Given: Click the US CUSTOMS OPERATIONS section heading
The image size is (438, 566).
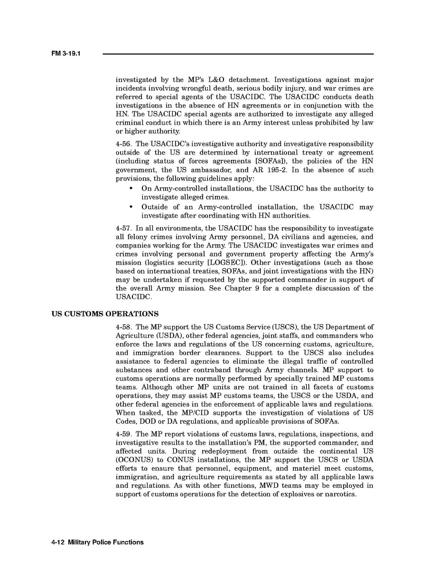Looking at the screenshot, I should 105,314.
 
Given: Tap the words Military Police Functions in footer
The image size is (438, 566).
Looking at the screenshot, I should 105,542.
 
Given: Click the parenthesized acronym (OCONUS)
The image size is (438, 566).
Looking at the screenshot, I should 136,460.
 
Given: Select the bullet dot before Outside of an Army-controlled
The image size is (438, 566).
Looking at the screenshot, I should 130,207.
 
